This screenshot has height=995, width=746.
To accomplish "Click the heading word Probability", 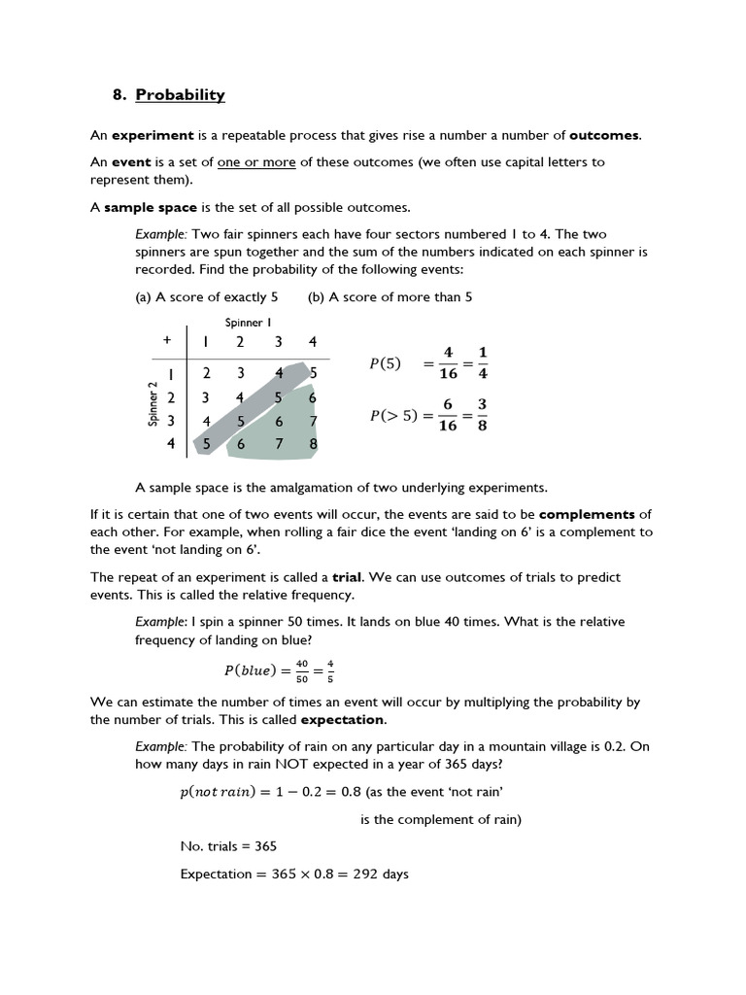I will (180, 94).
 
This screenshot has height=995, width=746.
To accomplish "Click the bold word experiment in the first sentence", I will (153, 135).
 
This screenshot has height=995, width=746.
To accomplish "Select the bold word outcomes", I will (605, 135).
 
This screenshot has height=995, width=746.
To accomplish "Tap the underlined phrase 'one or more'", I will (256, 162).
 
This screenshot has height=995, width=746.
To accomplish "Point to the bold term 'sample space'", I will (151, 207).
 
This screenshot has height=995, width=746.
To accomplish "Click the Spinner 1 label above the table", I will (249, 322).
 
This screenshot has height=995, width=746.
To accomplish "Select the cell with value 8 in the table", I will (312, 443).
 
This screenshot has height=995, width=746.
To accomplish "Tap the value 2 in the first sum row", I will (207, 373).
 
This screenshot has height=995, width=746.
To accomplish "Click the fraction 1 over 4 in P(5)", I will (483, 362).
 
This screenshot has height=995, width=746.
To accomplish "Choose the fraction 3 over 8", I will (482, 414).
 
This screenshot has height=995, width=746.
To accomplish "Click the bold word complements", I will (587, 514).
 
